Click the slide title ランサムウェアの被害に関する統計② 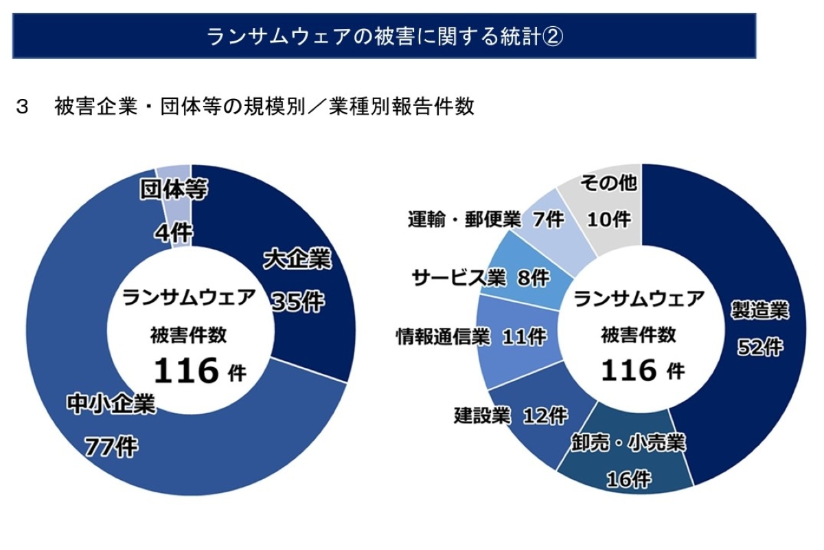click(385, 36)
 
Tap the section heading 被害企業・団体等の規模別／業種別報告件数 click(264, 107)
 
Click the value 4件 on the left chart click(173, 234)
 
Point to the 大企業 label click(297, 260)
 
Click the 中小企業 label click(111, 404)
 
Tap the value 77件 click(111, 447)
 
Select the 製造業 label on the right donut click(759, 309)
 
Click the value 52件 click(759, 348)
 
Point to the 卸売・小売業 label click(628, 442)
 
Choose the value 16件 click(628, 479)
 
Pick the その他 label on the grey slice click(608, 183)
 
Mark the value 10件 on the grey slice click(608, 219)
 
